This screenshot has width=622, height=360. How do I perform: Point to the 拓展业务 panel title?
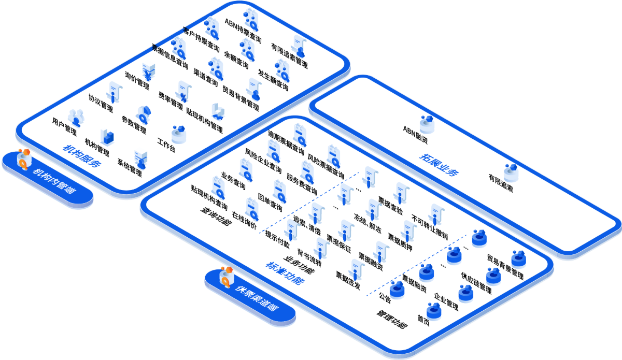coord(439,165)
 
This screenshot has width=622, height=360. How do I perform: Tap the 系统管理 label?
coord(129,166)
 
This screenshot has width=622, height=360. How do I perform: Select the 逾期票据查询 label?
coord(286,143)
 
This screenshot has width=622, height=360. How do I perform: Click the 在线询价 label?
coord(244,221)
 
